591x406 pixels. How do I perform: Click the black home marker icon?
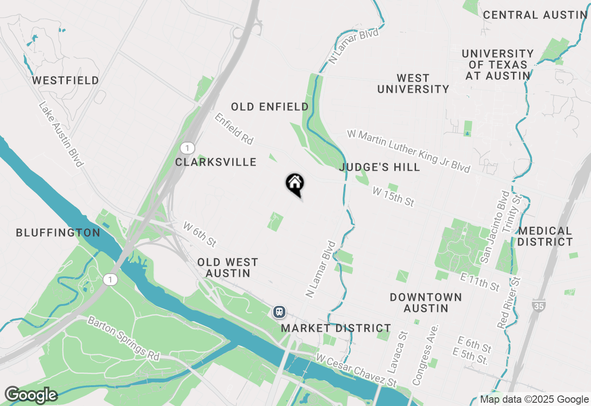point(295,183)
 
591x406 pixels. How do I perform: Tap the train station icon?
point(279,312)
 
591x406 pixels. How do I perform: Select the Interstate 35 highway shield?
point(538,305)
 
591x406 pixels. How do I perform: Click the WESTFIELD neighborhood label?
point(66,81)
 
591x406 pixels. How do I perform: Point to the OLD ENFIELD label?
point(270,107)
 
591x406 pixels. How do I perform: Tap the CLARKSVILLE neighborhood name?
point(216,162)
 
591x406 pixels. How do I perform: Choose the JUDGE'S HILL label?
point(380,167)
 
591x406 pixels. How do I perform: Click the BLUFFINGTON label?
point(58,233)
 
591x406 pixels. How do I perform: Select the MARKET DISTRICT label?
point(336,328)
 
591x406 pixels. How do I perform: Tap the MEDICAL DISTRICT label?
point(545,236)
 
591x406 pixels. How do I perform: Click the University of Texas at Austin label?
point(498,65)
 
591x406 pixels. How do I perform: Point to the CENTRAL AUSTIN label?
point(535,15)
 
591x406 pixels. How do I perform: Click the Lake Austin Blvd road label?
point(61,134)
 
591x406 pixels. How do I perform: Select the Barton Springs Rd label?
point(123,338)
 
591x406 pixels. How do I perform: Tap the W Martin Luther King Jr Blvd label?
point(409,151)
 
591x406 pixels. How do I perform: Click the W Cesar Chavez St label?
point(356,370)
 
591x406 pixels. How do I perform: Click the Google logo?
point(31,395)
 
